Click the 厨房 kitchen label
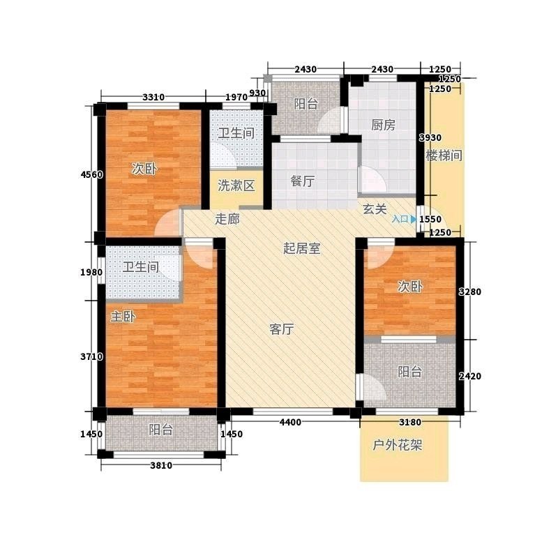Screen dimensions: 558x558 click(383, 125)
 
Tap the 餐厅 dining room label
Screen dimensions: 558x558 click(303, 181)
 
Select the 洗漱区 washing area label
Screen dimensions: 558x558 click(236, 186)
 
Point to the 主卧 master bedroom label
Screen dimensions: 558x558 click(123, 316)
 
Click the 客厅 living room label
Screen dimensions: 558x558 click(282, 329)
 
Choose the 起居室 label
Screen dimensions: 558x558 click(302, 248)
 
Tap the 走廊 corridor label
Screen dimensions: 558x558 click(227, 219)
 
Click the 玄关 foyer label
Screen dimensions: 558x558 click(375, 209)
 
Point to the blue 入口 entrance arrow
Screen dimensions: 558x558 click(413, 219)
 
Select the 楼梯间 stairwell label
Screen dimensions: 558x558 click(444, 156)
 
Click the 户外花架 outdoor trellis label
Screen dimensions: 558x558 click(397, 445)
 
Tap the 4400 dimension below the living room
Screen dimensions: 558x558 click(290, 423)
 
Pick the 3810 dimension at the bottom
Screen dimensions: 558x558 click(161, 465)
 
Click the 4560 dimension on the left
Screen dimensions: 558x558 click(92, 175)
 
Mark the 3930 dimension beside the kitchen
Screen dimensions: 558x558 click(430, 137)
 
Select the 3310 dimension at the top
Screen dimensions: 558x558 click(153, 97)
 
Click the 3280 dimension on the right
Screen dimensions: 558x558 click(469, 292)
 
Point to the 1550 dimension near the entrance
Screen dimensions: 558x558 click(430, 219)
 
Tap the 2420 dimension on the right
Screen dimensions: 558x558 click(469, 376)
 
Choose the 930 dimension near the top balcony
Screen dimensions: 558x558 click(257, 93)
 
